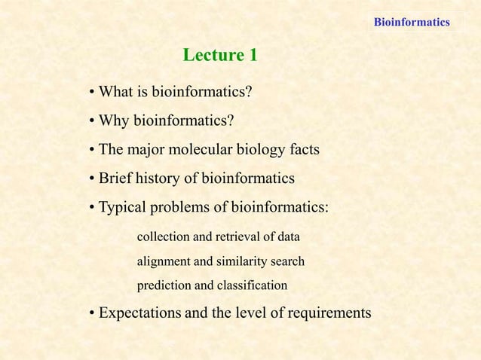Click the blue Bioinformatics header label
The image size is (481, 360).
click(412, 22)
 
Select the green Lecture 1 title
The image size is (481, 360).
click(220, 55)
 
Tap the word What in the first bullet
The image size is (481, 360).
click(115, 93)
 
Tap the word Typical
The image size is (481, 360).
click(124, 207)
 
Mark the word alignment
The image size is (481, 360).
click(162, 262)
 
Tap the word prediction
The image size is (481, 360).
click(163, 286)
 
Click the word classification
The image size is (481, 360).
click(252, 286)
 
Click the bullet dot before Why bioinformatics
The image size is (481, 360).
click(90, 122)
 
